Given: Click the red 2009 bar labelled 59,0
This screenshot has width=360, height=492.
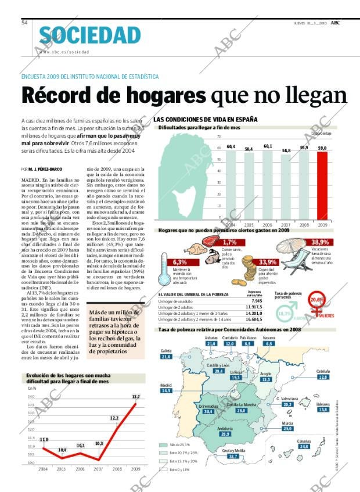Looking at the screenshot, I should point(321,185).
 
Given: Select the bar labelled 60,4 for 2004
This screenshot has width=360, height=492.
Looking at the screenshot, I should point(231,185).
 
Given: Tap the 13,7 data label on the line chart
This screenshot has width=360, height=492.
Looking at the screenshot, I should point(136,397).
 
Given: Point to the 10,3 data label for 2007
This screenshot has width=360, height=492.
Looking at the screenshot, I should point(99,443).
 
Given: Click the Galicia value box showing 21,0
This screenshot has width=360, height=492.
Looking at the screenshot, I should point(167,357).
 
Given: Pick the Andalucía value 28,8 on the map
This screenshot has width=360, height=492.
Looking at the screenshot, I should point(225,434).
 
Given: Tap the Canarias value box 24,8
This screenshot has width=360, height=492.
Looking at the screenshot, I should point(303,446).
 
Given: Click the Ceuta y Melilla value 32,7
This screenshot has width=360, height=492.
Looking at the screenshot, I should point(233,457).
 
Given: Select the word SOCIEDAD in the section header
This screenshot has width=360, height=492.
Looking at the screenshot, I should point(90,35).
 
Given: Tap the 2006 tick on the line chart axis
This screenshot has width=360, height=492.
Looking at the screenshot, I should point(80,468).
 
